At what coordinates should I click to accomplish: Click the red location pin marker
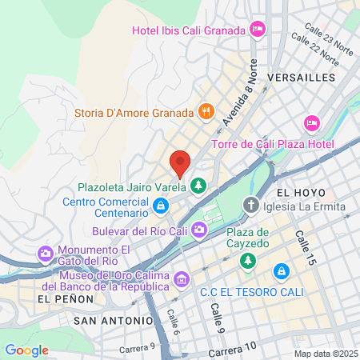coord(180,163)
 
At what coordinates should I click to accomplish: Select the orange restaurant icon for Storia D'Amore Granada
coord(206,111)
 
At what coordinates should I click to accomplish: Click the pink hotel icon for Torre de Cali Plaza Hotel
coord(311,124)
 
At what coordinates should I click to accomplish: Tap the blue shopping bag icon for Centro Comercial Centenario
coord(161,208)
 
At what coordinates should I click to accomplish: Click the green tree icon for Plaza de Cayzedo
coord(249,260)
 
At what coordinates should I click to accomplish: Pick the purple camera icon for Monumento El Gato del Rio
coord(46,254)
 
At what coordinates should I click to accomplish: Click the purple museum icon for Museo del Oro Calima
coord(182,279)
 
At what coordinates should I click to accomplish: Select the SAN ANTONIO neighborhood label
coord(113,320)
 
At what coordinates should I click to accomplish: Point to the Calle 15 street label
coord(305,244)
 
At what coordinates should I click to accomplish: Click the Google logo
coord(26,350)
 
